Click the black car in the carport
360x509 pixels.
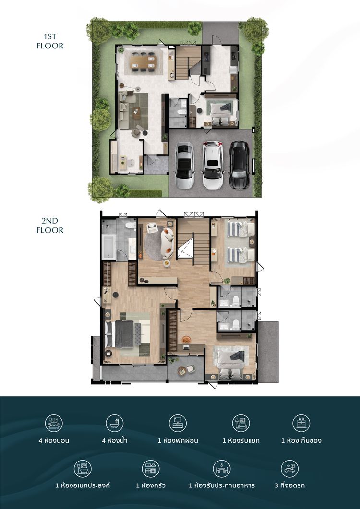(240, 165)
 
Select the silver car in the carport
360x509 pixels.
(184, 165)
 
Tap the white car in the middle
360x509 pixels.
(212, 165)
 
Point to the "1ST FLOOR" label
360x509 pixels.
(50, 41)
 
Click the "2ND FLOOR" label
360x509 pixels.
(50, 225)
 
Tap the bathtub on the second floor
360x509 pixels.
(108, 247)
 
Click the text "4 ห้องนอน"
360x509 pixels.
(54, 440)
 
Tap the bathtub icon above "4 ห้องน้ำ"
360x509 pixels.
(114, 423)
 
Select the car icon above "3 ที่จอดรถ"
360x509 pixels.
(289, 468)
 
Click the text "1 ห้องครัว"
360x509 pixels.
(151, 485)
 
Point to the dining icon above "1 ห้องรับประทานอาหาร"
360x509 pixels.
(222, 468)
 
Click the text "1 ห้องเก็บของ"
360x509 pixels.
(301, 440)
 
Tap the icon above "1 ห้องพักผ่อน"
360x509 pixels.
(178, 423)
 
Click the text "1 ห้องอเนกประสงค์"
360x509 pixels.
(83, 485)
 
